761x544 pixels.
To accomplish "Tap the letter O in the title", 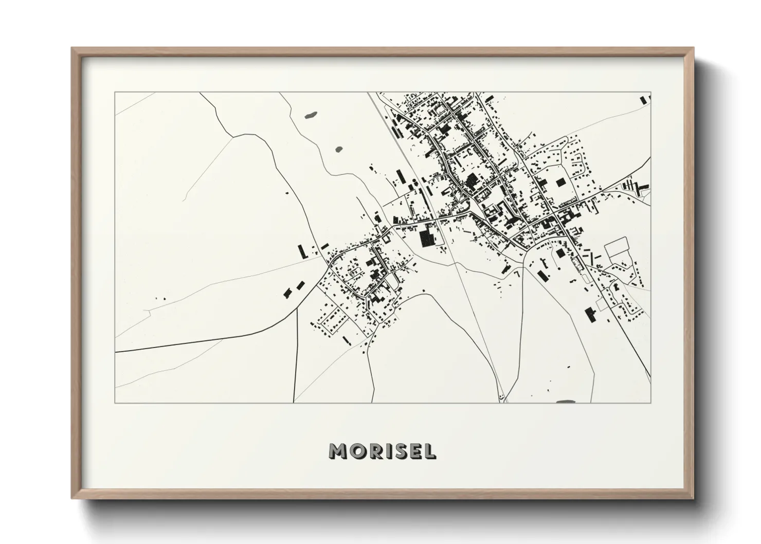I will (x=359, y=451).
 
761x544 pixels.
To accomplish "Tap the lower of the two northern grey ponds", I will (x=339, y=150).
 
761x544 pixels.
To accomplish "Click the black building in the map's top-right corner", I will (x=643, y=100).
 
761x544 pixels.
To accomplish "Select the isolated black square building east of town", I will (x=560, y=182).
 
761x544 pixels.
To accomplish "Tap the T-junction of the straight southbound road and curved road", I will (x=298, y=308).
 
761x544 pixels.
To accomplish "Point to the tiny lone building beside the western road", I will (x=287, y=193).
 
